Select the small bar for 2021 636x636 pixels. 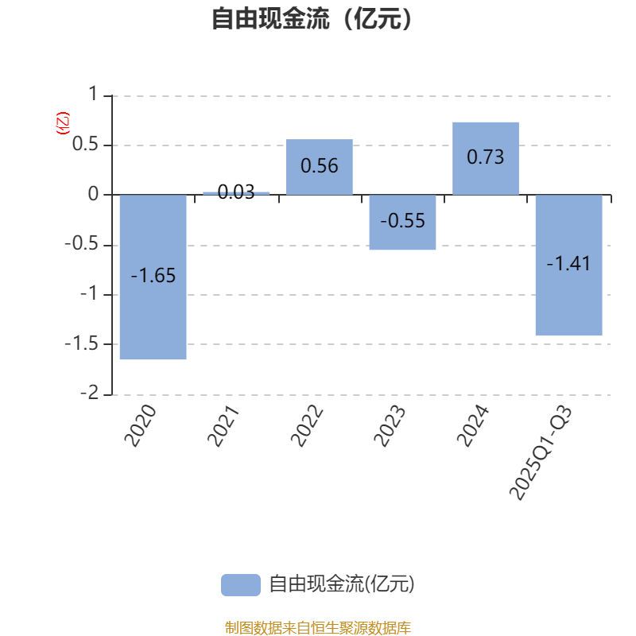point(236,192)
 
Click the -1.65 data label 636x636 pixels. point(153,277)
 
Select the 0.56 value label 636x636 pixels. point(320,166)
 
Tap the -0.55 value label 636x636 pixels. point(402,221)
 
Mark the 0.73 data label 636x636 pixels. point(485,157)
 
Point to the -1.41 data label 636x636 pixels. point(568,264)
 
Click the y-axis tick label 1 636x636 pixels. point(92,95)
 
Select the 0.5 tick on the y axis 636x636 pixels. point(85,145)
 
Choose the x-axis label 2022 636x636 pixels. point(308,426)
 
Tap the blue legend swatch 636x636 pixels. point(240,584)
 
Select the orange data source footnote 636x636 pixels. point(317,628)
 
